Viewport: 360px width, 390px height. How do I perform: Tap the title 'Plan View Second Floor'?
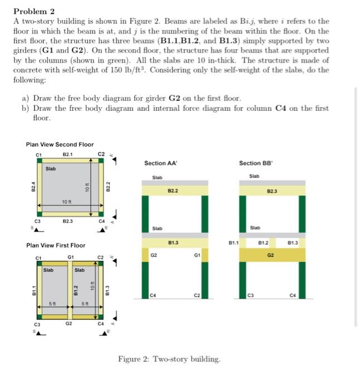pyautogui.click(x=60, y=145)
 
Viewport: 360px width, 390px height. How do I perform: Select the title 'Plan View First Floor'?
pyautogui.click(x=56, y=245)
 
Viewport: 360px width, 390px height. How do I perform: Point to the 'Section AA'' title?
pyautogui.click(x=160, y=163)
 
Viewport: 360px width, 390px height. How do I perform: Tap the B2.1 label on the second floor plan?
pyautogui.click(x=67, y=154)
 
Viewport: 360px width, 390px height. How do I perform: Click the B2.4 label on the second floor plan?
pyautogui.click(x=33, y=188)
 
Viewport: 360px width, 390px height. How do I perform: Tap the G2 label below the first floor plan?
pyautogui.click(x=69, y=323)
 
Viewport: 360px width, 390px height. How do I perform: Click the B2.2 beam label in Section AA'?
pyautogui.click(x=174, y=191)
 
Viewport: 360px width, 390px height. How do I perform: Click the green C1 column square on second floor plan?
pyautogui.click(x=38, y=161)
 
